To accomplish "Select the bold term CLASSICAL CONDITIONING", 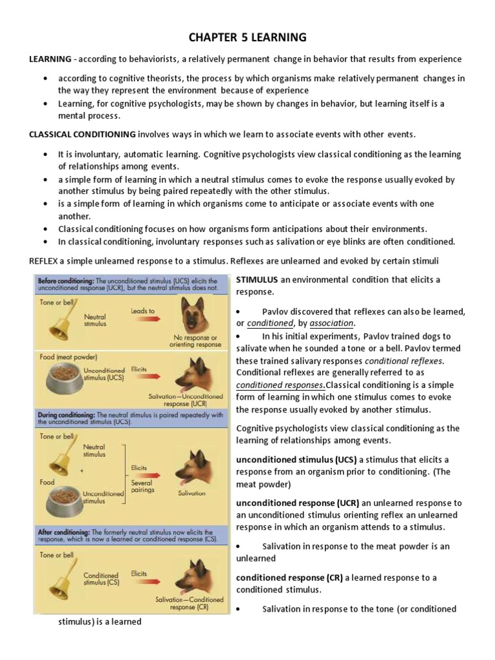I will point(82,134).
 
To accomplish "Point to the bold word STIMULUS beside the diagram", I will point(257,279).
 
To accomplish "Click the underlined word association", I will point(331,322).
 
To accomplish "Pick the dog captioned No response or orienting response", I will point(195,315).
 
